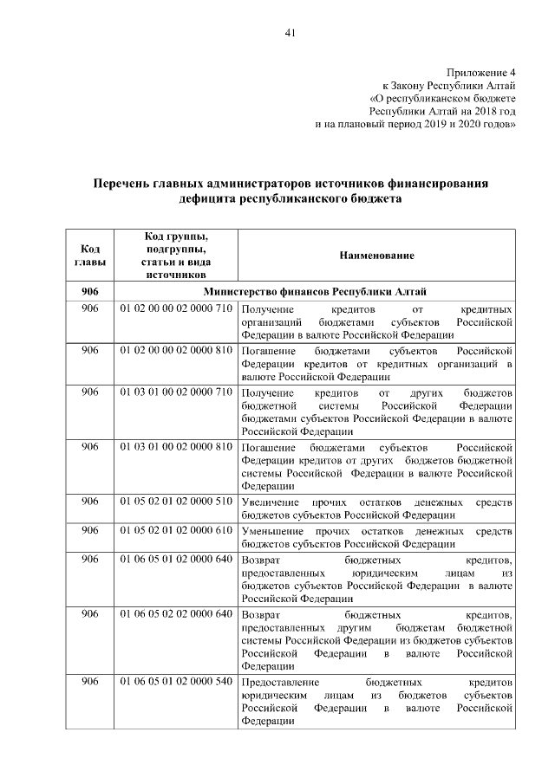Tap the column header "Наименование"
376,256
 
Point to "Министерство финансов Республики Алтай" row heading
314,291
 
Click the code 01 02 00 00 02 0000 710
176,309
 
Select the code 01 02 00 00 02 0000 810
176,351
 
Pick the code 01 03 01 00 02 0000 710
176,392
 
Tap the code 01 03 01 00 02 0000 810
176,447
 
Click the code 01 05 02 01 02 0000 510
176,502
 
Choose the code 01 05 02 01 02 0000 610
176,530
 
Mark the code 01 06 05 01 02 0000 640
176,559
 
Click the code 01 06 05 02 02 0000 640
176,614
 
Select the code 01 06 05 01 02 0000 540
176,682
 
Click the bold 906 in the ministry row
90,291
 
